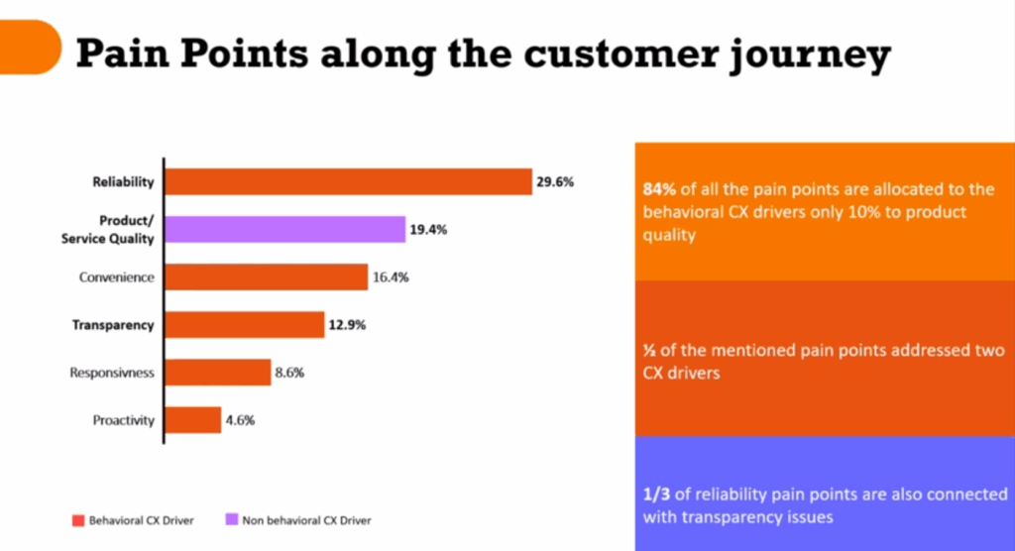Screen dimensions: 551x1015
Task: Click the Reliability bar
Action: pyautogui.click(x=348, y=182)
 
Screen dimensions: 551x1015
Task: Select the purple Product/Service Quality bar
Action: pyautogui.click(x=284, y=230)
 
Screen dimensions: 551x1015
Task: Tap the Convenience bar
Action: pyautogui.click(x=266, y=277)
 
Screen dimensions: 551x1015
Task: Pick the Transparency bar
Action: pyautogui.click(x=244, y=325)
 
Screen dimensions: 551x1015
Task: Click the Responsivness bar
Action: pyautogui.click(x=217, y=373)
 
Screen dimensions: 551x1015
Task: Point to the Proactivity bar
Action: pyautogui.click(x=192, y=420)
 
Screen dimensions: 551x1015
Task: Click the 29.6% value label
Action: pyautogui.click(x=555, y=182)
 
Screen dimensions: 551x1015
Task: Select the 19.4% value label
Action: pyautogui.click(x=428, y=230)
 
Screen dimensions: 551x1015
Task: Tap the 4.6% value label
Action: pyautogui.click(x=241, y=420)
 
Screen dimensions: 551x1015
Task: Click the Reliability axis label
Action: pyautogui.click(x=123, y=182)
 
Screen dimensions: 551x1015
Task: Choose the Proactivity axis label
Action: pyautogui.click(x=124, y=420)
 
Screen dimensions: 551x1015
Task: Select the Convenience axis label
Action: pyautogui.click(x=117, y=277)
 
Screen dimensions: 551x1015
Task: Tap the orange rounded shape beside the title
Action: pyautogui.click(x=30, y=46)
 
